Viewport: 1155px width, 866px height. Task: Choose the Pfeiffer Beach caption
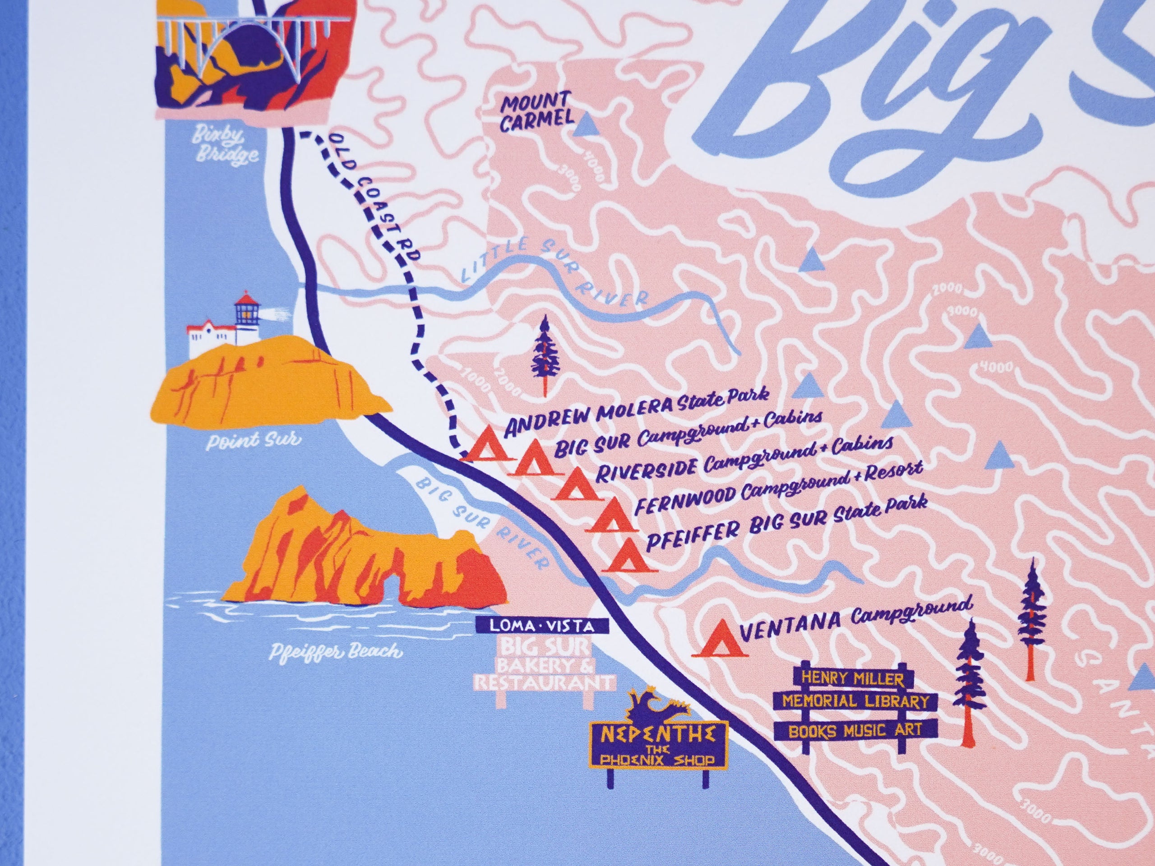(x=337, y=651)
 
